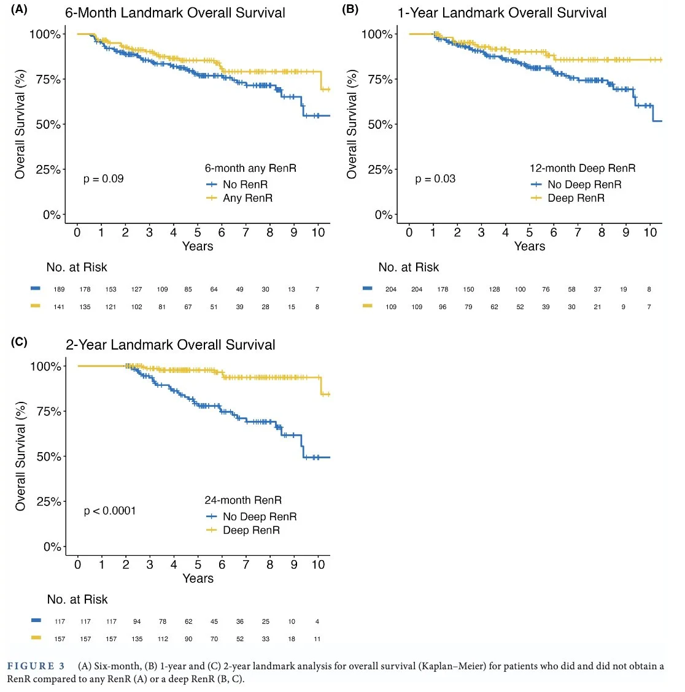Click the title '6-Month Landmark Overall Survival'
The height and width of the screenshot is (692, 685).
click(x=175, y=13)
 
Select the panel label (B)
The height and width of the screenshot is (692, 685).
click(x=350, y=9)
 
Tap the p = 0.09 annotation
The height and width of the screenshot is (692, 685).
click(x=103, y=179)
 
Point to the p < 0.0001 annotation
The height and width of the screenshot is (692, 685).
click(x=109, y=510)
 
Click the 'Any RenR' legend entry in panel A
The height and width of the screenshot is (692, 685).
click(x=247, y=198)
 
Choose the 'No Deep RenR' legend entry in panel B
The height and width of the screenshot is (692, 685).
click(x=584, y=185)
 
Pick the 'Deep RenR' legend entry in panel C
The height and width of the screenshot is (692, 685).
click(x=251, y=530)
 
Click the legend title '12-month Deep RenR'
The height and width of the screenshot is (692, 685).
click(x=582, y=168)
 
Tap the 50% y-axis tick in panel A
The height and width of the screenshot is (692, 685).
click(x=48, y=125)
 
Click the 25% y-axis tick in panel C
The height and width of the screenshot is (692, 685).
click(x=48, y=502)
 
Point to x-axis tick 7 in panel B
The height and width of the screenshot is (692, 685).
click(x=578, y=232)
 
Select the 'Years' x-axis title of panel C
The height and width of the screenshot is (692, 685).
click(x=198, y=578)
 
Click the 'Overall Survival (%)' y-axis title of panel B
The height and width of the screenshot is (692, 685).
click(x=352, y=125)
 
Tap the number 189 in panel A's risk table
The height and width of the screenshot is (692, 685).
click(x=59, y=290)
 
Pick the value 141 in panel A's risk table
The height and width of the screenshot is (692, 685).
click(x=59, y=307)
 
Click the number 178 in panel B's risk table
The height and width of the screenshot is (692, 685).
click(x=443, y=290)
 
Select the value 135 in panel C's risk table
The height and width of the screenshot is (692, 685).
click(x=137, y=639)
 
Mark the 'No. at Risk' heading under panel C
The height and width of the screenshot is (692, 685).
click(x=77, y=599)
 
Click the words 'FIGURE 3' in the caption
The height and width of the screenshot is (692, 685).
click(x=36, y=666)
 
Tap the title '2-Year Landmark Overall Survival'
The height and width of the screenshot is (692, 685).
click(x=171, y=345)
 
